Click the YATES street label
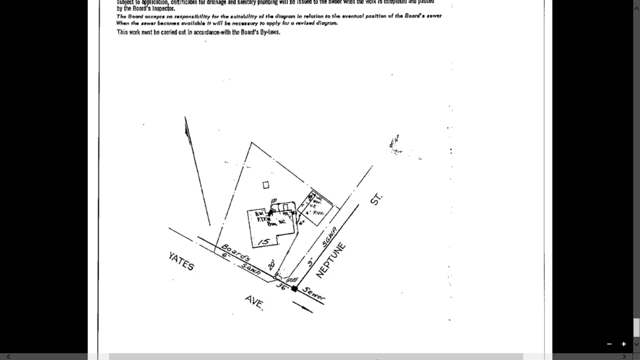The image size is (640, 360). [x=181, y=261]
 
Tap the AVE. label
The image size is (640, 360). [x=254, y=302]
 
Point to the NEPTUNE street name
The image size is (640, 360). [x=330, y=260]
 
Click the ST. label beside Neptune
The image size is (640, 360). [x=376, y=199]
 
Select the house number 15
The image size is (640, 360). [x=264, y=242]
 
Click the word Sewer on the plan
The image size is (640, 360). [x=314, y=294]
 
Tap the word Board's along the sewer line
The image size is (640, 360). [x=236, y=252]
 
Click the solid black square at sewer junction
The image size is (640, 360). [x=294, y=289]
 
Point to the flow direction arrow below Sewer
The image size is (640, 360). [x=303, y=307]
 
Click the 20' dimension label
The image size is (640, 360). [x=272, y=264]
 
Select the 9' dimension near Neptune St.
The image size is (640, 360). [x=310, y=263]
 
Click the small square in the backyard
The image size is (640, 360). [x=266, y=185]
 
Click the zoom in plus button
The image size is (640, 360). [x=624, y=344]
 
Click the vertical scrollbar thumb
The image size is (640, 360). [x=636, y=327]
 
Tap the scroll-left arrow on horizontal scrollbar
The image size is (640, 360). [x=8, y=357]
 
